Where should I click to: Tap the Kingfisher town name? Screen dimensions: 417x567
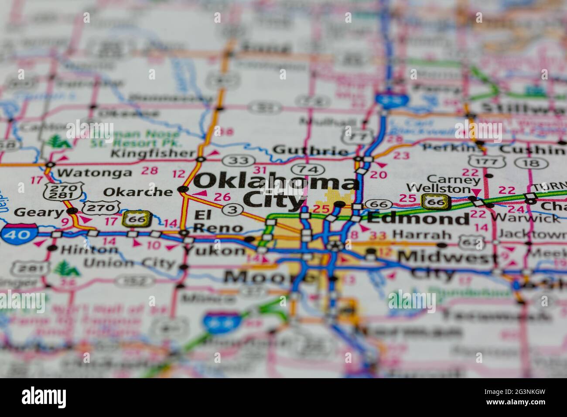(x=153, y=153)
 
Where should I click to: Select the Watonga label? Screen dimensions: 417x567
(x=94, y=172)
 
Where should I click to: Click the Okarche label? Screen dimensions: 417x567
(x=138, y=191)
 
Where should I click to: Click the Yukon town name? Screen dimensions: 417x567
(x=214, y=250)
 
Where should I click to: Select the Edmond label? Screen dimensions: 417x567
(x=418, y=218)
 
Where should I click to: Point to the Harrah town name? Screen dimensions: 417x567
(x=421, y=235)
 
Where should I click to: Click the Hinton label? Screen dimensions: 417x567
(x=89, y=250)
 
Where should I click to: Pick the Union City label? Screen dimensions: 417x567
(x=129, y=263)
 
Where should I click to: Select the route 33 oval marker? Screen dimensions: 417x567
(x=239, y=161)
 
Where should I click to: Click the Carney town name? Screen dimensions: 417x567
(x=454, y=179)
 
